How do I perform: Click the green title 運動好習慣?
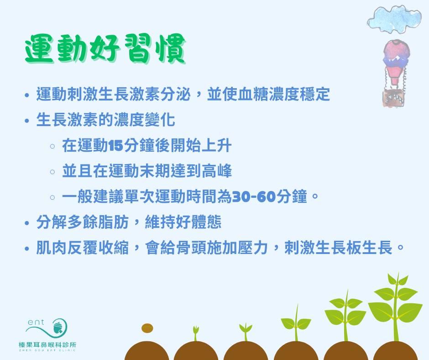[x=105, y=49]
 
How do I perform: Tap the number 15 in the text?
[x=116, y=145]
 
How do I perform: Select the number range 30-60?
[x=254, y=196]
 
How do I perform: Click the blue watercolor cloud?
[x=394, y=19]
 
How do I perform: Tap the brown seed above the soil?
[x=147, y=328]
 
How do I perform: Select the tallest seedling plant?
[x=395, y=307]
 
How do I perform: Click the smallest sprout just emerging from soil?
[x=196, y=333]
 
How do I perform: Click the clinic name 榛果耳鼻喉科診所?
[x=47, y=344]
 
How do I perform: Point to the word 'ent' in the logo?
[x=36, y=323]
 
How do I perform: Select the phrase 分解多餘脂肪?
[x=82, y=222]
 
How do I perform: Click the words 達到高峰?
[x=201, y=171]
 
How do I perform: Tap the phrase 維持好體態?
[x=183, y=222]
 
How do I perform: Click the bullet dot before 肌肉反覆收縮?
[x=27, y=249]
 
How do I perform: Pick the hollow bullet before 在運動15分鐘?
[x=52, y=146]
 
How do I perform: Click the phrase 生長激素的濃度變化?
[x=105, y=120]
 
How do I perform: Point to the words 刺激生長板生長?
[x=339, y=248]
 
